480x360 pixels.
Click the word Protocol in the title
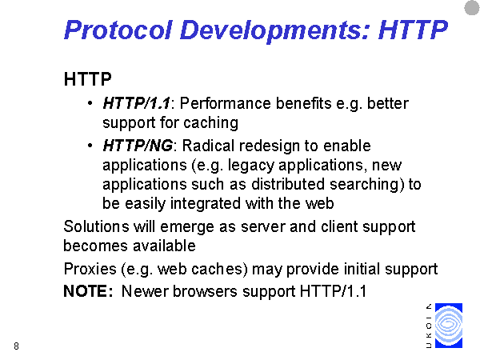tap(118, 30)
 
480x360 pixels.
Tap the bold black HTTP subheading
tap(87, 79)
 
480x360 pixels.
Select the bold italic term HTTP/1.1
tap(136, 103)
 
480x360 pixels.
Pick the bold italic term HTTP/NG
tap(138, 146)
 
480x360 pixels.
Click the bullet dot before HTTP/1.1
tap(90, 103)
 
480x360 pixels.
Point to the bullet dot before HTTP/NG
tap(90, 146)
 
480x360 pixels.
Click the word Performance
tap(225, 103)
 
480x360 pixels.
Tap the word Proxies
tap(90, 269)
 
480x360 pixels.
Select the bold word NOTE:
tap(88, 291)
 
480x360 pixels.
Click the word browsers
tap(205, 291)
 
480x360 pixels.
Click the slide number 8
tap(16, 346)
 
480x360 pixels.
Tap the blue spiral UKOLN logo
tap(449, 326)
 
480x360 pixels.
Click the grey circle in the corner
tap(472, 8)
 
